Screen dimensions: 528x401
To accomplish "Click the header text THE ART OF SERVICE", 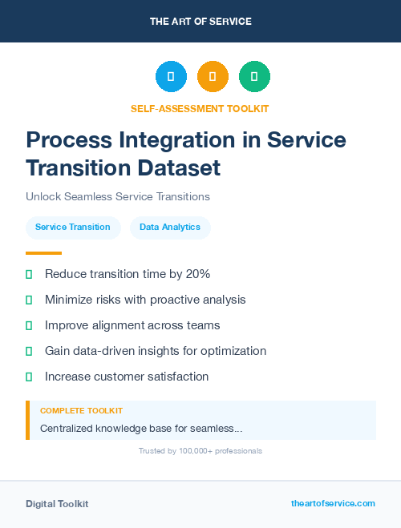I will pos(200,22).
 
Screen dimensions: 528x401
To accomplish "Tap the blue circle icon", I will pos(171,76).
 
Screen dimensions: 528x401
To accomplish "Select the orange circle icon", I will pos(213,76).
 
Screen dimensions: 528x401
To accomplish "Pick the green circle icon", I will pos(254,76).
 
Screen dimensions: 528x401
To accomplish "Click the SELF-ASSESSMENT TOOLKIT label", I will pos(200,108).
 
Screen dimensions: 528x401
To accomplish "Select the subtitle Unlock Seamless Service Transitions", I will pos(117,196).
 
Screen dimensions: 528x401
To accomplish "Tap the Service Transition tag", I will pos(73,228).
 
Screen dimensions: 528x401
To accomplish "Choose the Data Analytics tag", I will pos(170,228).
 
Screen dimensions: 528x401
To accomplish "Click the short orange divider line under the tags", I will pos(43,252).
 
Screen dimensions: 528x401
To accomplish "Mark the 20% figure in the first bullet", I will pos(197,274).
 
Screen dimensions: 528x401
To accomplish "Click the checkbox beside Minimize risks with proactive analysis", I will pos(29,300).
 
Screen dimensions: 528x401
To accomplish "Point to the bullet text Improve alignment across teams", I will pos(132,325).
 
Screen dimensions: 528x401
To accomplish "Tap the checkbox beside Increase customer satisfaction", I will pos(29,377).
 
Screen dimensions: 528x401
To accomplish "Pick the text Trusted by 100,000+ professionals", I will pos(200,451).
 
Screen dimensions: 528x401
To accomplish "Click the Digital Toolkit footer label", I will pos(57,504).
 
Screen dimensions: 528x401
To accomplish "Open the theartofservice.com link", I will pos(333,503).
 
